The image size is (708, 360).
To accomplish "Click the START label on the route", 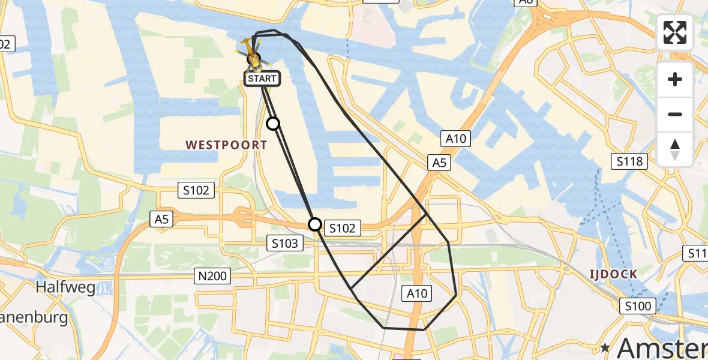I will click(262, 79).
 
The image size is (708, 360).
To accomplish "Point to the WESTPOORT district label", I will click(226, 145).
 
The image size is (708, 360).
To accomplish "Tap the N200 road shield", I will click(211, 276).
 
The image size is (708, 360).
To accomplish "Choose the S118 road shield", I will click(629, 161).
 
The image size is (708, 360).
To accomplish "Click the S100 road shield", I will click(637, 307).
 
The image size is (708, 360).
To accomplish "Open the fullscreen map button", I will click(675, 32).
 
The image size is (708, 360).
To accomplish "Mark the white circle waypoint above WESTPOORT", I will click(273, 124).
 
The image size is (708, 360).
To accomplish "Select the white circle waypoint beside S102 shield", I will click(315, 224).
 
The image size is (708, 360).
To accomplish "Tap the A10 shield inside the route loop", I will click(416, 293).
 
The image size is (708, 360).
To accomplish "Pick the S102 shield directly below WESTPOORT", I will click(196, 190).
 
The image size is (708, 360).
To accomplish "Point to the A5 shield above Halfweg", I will click(162, 220).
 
